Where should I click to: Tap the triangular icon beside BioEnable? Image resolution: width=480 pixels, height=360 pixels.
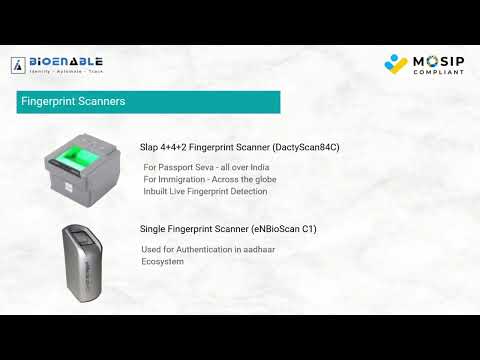pyautogui.click(x=18, y=65)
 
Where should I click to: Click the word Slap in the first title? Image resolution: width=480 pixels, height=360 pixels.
pyautogui.click(x=149, y=147)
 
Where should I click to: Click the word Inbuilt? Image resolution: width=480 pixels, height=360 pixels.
pyautogui.click(x=158, y=190)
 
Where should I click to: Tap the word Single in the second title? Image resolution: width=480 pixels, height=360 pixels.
pyautogui.click(x=154, y=229)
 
